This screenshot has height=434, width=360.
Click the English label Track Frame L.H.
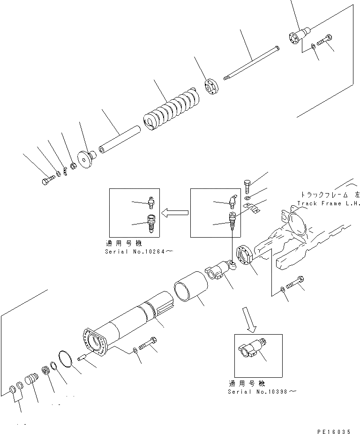click(x=328, y=203)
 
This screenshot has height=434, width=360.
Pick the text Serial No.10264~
click(x=140, y=252)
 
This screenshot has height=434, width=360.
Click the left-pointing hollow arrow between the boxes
click(x=174, y=213)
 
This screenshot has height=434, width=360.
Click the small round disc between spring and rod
click(x=210, y=88)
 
